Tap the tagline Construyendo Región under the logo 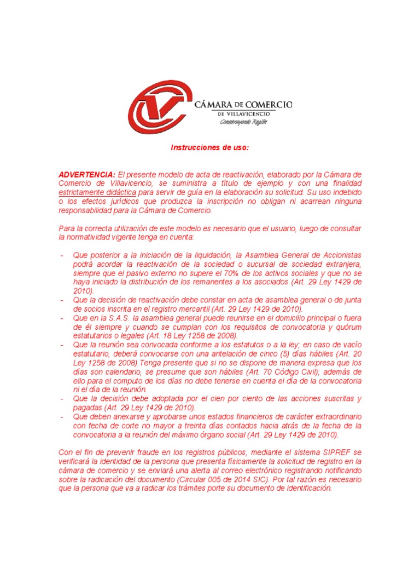click(244, 122)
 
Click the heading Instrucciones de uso click(210, 148)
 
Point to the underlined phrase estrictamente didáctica click(97, 193)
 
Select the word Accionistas click(337, 256)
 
